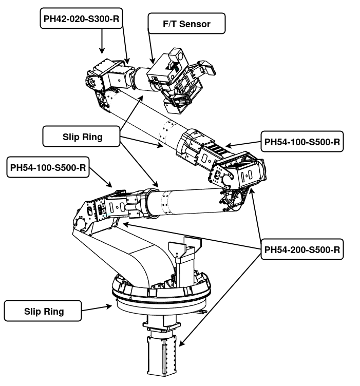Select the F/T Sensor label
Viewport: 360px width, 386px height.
[x=186, y=24]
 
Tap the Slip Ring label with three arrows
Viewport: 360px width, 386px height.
[x=83, y=137]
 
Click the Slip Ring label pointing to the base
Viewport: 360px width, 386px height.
[x=43, y=311]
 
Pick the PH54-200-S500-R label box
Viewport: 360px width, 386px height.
[x=301, y=250]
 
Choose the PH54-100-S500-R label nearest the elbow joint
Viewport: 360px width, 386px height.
[x=301, y=142]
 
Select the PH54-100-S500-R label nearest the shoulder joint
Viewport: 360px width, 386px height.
[x=48, y=168]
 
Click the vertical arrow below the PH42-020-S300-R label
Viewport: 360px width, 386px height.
[x=102, y=41]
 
